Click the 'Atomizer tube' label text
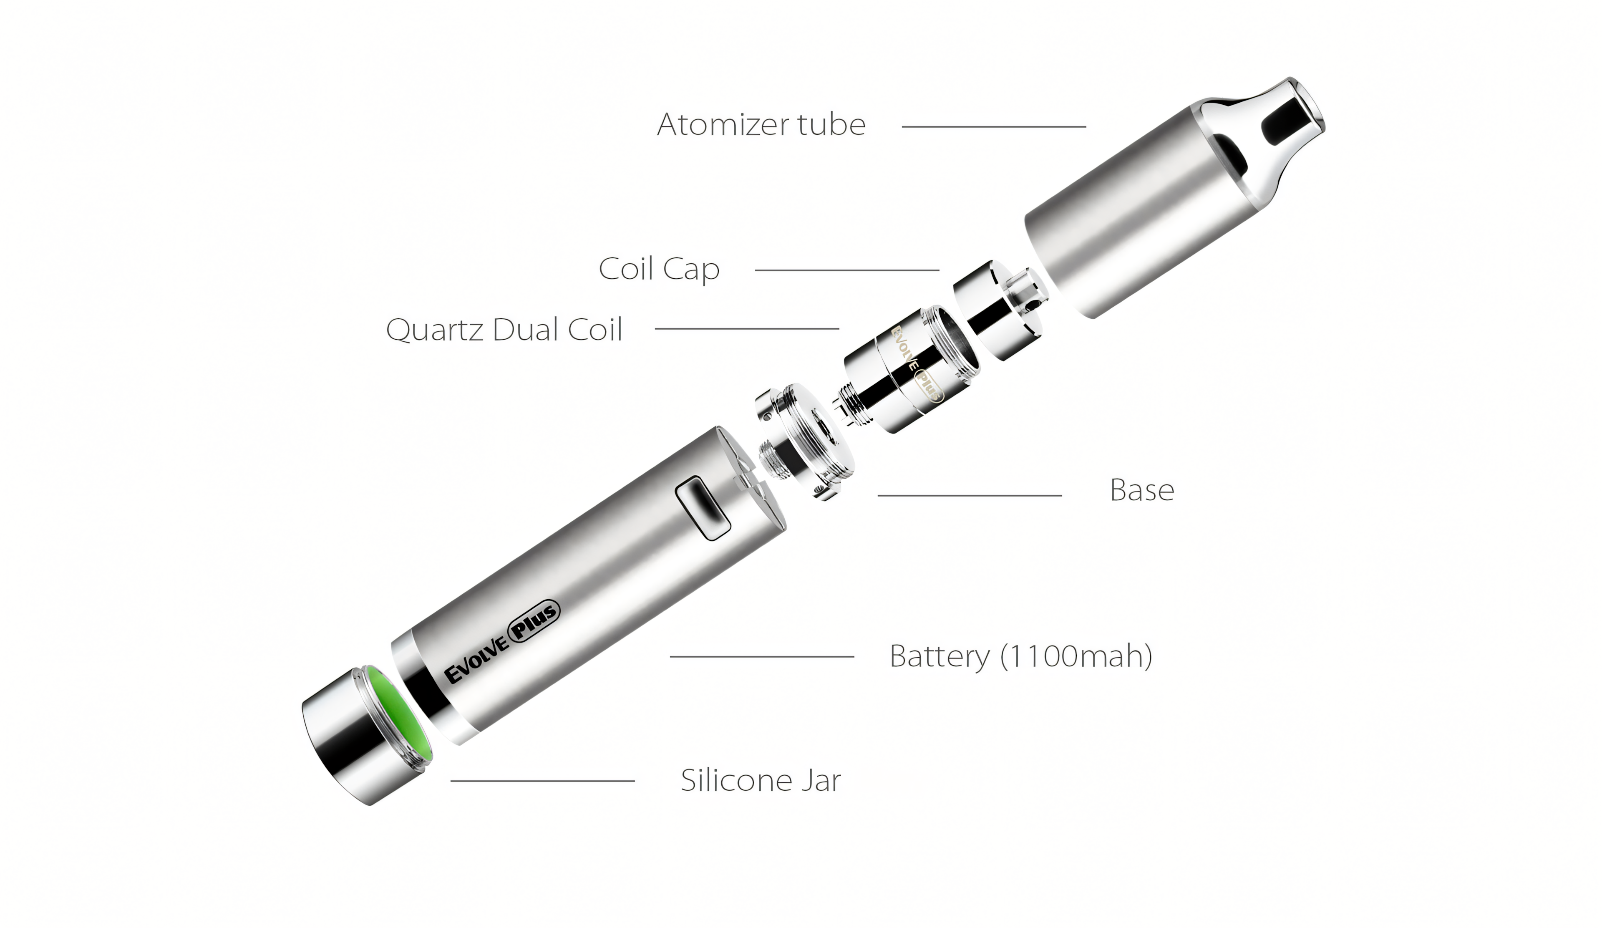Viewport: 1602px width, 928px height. pos(761,125)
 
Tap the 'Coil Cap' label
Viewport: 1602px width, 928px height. pos(659,269)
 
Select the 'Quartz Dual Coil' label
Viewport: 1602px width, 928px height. pos(504,329)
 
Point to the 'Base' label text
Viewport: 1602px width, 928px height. pos(1142,490)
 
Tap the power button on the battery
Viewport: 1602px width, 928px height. pos(701,509)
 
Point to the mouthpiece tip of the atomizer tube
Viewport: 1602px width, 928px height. pos(1303,108)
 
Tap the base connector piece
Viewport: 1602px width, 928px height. pos(804,442)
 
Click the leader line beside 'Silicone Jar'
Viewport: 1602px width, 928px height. pos(542,781)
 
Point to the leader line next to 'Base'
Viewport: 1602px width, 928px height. pos(970,495)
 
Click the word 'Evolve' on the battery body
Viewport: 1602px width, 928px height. pos(477,661)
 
